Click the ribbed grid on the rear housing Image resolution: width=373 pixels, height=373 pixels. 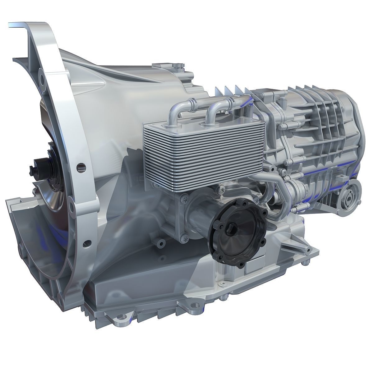323,124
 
